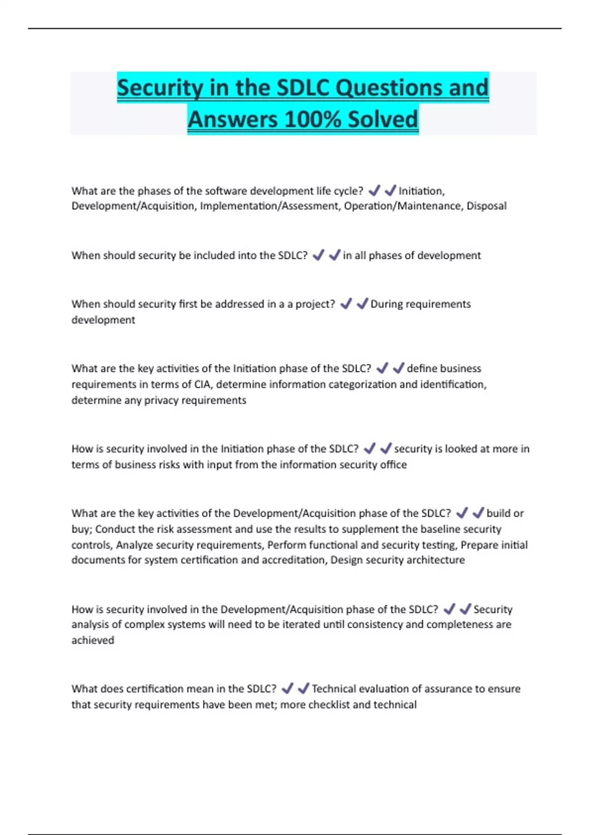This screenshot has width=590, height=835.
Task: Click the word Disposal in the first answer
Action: pyautogui.click(x=486, y=206)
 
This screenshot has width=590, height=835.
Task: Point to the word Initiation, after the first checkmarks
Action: pyautogui.click(x=421, y=191)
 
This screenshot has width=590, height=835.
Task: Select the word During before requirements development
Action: pyautogui.click(x=386, y=304)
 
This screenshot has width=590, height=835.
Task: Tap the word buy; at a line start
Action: pyautogui.click(x=82, y=529)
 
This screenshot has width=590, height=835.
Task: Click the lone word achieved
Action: pyautogui.click(x=93, y=640)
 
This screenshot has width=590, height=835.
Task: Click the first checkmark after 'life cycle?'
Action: pyautogui.click(x=374, y=190)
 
